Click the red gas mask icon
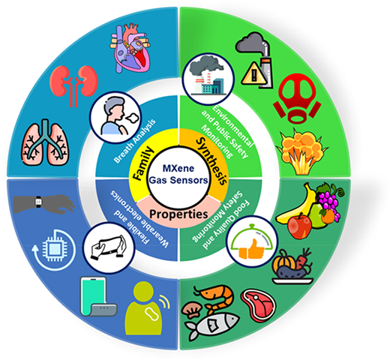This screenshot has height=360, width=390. (x=297, y=98)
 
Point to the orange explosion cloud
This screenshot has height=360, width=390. (x=301, y=152)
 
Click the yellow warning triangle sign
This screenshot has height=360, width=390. (x=253, y=73)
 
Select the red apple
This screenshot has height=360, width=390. (x=299, y=226)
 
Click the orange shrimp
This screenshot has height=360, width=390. (x=215, y=298)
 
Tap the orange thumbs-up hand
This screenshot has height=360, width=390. (x=252, y=249)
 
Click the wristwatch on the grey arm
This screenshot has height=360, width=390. (x=38, y=202)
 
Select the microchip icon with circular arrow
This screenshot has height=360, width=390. (x=53, y=250)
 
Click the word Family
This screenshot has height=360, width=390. (x=143, y=163)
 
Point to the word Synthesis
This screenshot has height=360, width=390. (x=212, y=161)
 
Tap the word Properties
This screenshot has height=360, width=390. (x=178, y=214)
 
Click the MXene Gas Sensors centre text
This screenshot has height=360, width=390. (x=178, y=174)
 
